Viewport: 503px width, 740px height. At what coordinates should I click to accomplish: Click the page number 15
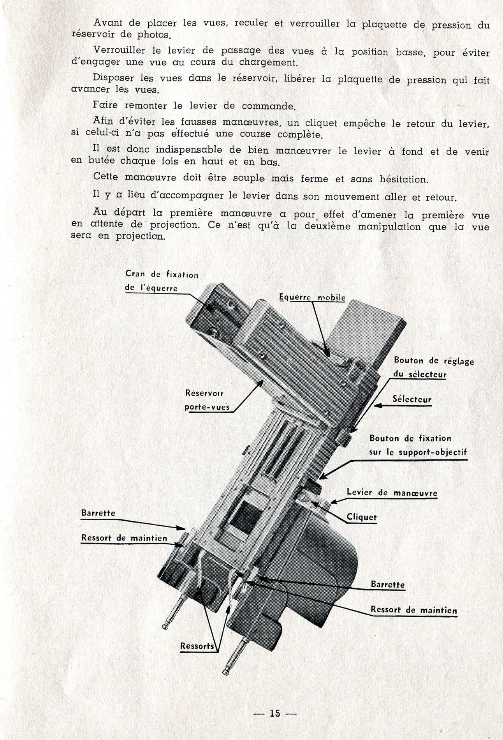click(x=275, y=714)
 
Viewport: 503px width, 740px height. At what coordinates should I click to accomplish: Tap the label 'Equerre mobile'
click(x=312, y=297)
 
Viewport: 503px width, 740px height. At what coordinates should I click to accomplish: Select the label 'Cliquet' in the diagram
click(x=362, y=517)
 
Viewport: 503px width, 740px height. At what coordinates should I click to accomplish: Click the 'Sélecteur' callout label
click(x=412, y=399)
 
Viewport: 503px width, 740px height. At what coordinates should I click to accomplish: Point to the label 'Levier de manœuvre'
click(x=392, y=493)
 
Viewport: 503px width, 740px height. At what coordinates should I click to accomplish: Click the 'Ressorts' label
click(x=197, y=646)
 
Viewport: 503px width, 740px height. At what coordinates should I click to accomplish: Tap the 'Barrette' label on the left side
click(x=98, y=513)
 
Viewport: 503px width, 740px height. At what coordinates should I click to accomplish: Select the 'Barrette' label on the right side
click(x=388, y=585)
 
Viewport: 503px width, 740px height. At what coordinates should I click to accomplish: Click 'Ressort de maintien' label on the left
click(x=124, y=538)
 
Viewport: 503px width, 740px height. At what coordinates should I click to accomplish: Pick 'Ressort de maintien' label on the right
click(x=414, y=610)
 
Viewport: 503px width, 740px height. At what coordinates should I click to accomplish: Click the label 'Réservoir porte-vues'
click(x=207, y=401)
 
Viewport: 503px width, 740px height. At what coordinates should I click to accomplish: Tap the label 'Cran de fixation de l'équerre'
click(x=162, y=281)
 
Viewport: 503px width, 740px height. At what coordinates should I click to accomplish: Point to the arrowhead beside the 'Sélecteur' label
click(x=378, y=406)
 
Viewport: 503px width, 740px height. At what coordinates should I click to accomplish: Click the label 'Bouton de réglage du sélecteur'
click(x=434, y=367)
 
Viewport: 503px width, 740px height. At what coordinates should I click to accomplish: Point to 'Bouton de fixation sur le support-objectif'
click(x=418, y=445)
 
